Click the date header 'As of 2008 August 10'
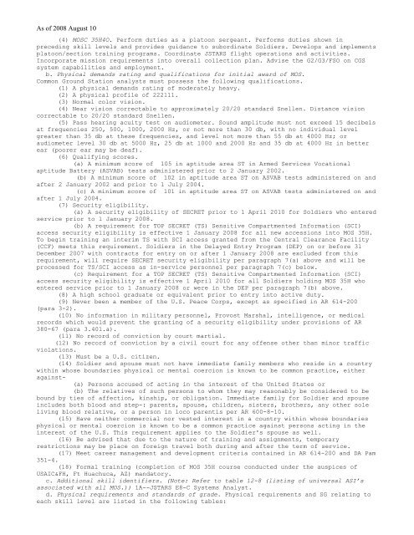point(43,7)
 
